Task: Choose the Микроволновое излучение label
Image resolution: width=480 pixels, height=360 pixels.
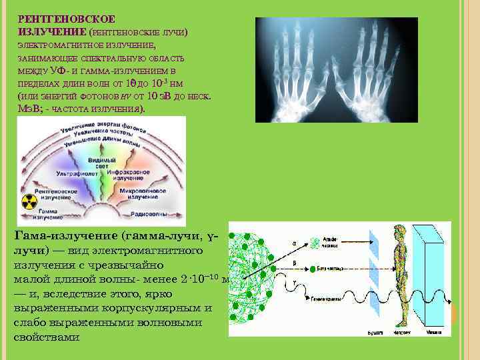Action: coord(140,193)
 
